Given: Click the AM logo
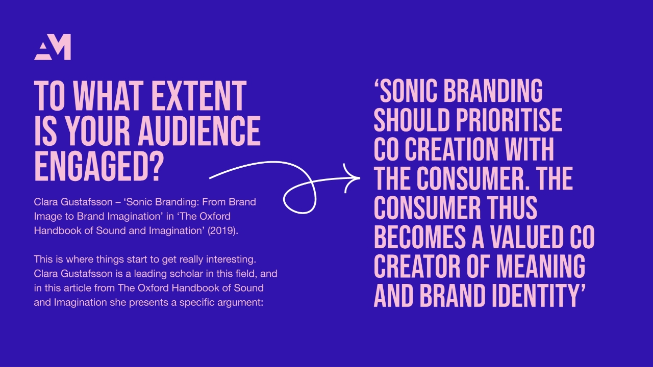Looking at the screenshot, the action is [53, 47].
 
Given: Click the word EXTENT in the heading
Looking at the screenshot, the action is [199, 96].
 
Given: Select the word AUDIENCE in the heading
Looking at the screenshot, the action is [199, 131].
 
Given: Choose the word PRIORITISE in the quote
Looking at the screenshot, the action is [509, 120].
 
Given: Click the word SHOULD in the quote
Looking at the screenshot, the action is [411, 120].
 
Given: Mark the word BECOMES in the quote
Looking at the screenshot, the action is [420, 237].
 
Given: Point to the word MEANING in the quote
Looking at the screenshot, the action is [540, 266].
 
